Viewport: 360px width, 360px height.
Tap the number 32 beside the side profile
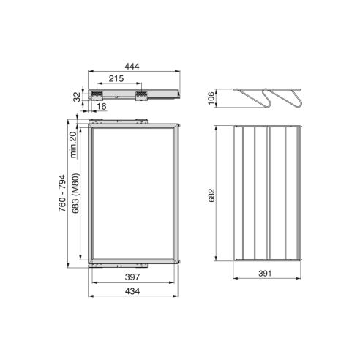(x=75, y=97)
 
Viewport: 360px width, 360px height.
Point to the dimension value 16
(x=100, y=107)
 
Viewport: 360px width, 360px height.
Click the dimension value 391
(x=266, y=271)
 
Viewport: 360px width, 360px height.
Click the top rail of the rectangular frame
(x=132, y=124)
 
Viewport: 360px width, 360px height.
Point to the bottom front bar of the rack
(x=266, y=257)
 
